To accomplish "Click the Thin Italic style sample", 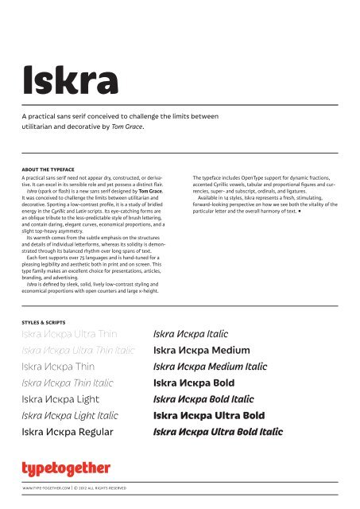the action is (x=67, y=384).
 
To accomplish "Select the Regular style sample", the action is (x=68, y=433).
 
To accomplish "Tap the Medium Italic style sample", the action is (x=209, y=368).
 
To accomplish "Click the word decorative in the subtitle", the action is (x=103, y=127).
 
